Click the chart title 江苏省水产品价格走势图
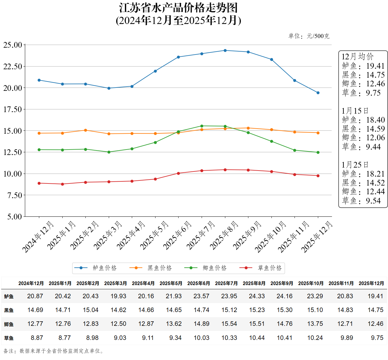coord(178,8)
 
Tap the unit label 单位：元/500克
coord(309,36)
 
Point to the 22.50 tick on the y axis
coord(13,67)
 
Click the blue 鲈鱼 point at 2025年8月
coord(225,50)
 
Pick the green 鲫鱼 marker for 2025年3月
coord(109,152)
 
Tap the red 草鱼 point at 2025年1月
coord(62,184)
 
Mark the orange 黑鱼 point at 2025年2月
coord(86,130)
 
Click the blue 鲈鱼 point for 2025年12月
coord(318,93)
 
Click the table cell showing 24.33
coord(257,296)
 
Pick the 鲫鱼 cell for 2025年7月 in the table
coord(229,324)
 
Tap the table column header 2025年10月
coord(311,283)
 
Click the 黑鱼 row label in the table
coord(9,310)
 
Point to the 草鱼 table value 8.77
coord(65,338)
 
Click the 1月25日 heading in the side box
coord(355,165)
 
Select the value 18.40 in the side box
coord(375,120)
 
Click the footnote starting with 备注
coord(54,351)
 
